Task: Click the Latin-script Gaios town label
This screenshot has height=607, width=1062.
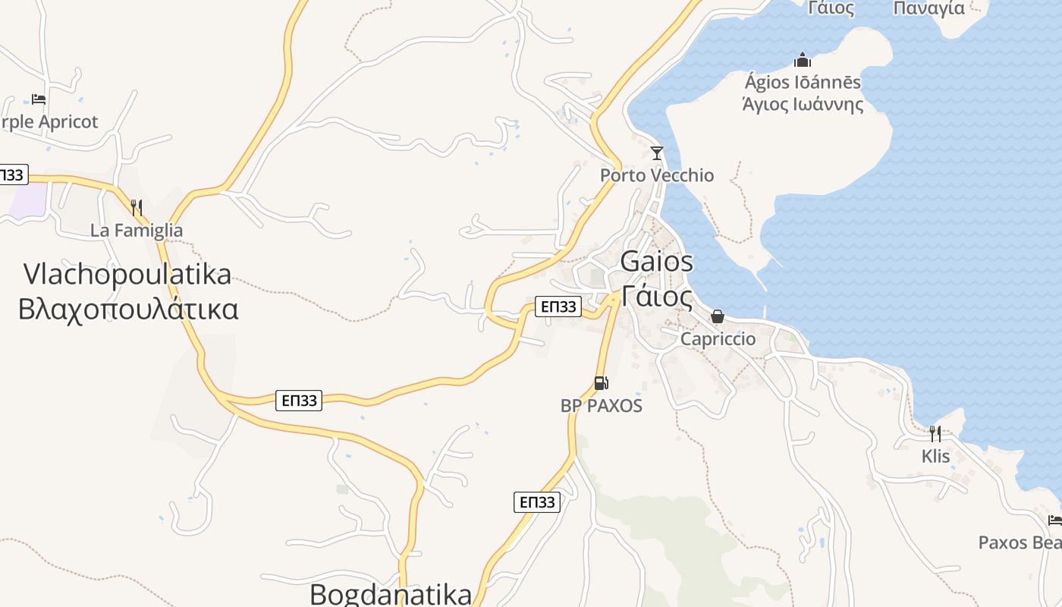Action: tap(656, 262)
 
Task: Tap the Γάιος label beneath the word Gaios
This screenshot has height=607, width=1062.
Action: tap(656, 296)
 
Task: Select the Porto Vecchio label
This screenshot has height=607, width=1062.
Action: tap(657, 175)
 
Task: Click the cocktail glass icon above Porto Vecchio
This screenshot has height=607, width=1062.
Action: tap(657, 153)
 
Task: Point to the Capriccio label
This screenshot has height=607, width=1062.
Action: tap(718, 338)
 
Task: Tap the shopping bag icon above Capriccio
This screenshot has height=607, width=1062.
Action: tap(718, 316)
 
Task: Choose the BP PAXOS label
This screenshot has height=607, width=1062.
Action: tap(602, 406)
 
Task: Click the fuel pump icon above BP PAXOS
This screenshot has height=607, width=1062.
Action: tap(601, 383)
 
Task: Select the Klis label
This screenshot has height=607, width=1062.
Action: tap(935, 456)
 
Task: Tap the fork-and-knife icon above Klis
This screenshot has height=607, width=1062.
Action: tap(935, 434)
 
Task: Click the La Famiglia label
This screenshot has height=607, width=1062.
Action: tap(137, 230)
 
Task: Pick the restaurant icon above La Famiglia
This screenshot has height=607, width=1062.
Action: tap(137, 207)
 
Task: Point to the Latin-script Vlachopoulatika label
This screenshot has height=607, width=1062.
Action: tap(127, 274)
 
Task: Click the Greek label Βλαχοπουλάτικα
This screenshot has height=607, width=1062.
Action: tap(128, 309)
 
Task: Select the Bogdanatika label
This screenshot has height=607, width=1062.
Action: tap(391, 593)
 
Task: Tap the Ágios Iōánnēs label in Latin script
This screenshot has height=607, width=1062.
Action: tap(803, 82)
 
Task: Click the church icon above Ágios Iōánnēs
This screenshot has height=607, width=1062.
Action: tap(803, 60)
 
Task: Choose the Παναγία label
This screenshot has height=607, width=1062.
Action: tap(929, 8)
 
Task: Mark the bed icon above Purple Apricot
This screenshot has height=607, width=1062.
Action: tap(39, 99)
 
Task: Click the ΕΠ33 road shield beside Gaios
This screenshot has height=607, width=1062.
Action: tap(558, 307)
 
